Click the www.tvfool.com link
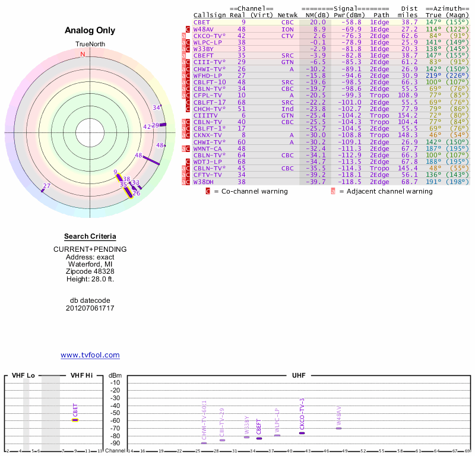pyautogui.click(x=90, y=355)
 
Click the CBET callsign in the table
pyautogui.click(x=201, y=22)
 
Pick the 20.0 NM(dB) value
pyautogui.click(x=318, y=22)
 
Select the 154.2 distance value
pyautogui.click(x=408, y=115)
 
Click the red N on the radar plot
pyautogui.click(x=83, y=54)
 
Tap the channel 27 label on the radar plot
pyautogui.click(x=47, y=186)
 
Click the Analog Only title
pyautogui.click(x=90, y=31)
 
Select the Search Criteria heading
pyautogui.click(x=90, y=236)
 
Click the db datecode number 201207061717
pyautogui.click(x=90, y=308)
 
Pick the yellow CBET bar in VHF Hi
pyautogui.click(x=75, y=420)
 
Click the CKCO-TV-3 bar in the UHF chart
pyautogui.click(x=302, y=433)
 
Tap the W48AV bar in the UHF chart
pyautogui.click(x=338, y=427)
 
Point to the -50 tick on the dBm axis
pyautogui.click(x=115, y=413)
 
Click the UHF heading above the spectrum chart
pyautogui.click(x=298, y=375)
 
